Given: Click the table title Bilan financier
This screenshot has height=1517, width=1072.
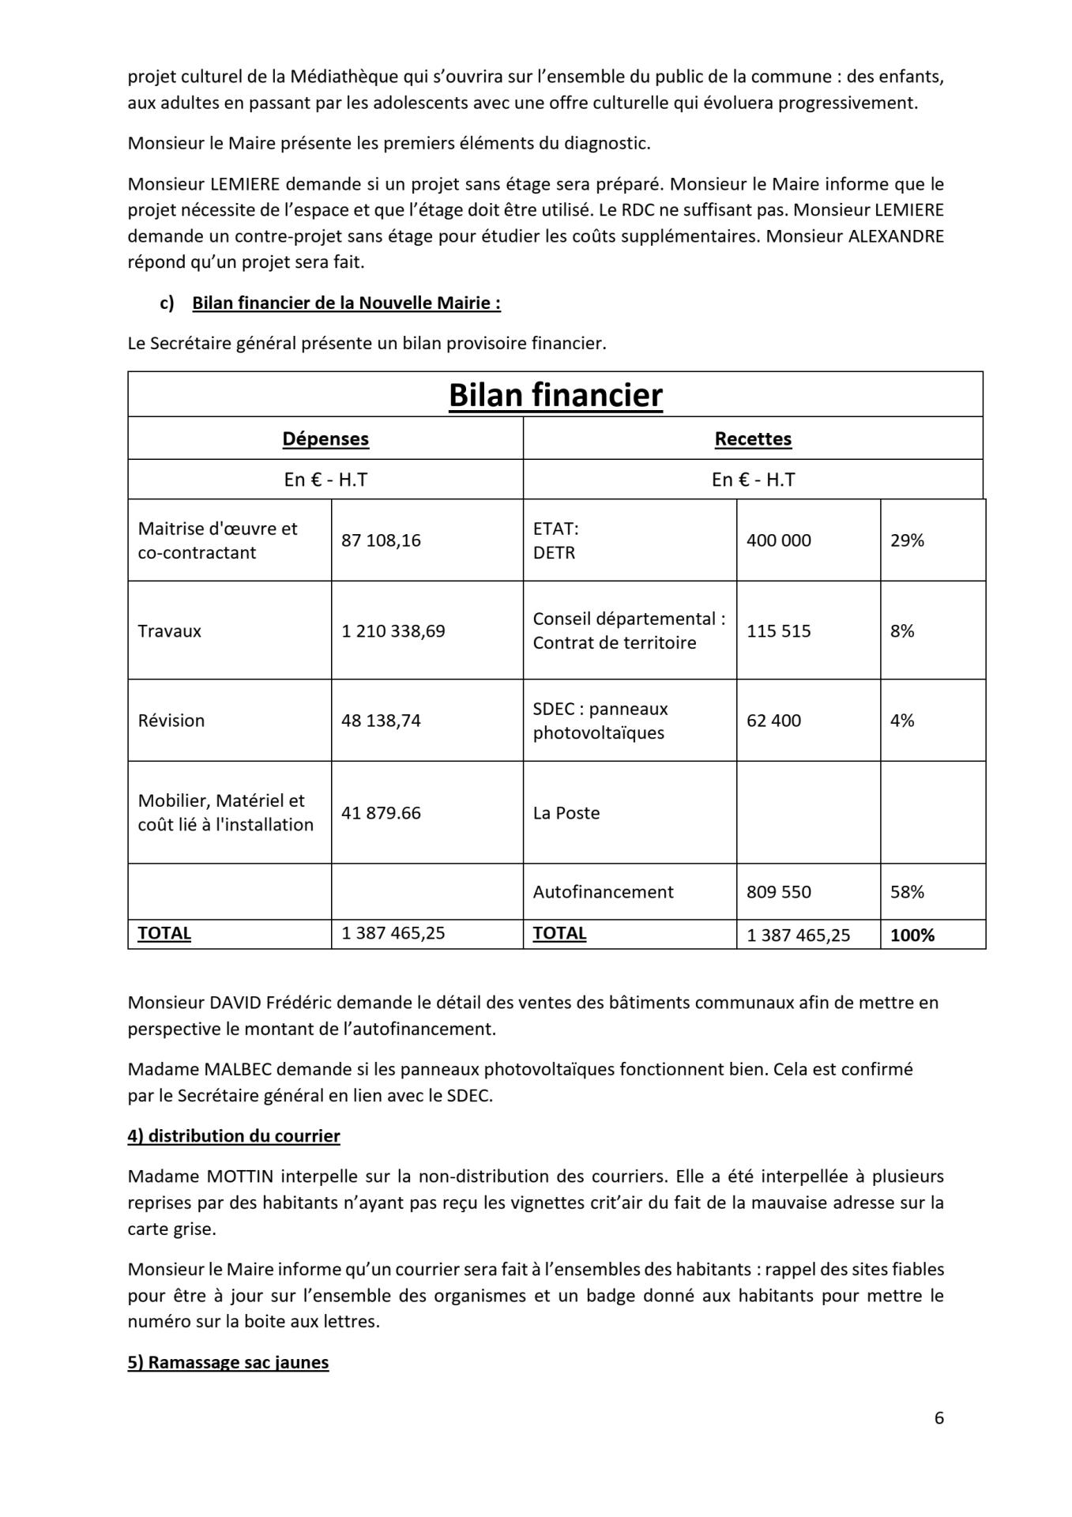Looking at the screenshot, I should coord(555,395).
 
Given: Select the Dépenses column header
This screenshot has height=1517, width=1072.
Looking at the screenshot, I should coord(325,439).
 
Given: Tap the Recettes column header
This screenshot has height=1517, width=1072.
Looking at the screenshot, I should coord(753,439).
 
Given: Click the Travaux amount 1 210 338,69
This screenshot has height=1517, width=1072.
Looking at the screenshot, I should coord(393,631).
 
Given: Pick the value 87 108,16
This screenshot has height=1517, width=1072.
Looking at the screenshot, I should coord(381,540).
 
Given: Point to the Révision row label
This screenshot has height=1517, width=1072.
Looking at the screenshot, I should coord(171,721).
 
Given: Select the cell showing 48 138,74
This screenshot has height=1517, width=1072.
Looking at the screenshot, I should coord(381,721).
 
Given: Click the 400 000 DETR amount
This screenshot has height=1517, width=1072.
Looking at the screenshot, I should coord(778,540).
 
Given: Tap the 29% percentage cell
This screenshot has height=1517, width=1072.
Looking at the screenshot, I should coord(907,540).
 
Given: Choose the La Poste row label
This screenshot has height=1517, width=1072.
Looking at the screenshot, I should coord(566,813).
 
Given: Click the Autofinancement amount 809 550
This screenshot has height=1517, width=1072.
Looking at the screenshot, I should coord(778,892).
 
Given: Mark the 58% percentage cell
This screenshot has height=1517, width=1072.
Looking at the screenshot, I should coord(907,892).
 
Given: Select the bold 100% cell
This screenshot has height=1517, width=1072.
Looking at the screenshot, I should coord(912,935).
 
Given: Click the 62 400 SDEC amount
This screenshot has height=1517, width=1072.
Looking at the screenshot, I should coord(773,721).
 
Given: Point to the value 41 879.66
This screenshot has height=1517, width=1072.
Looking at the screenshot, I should coord(381,813).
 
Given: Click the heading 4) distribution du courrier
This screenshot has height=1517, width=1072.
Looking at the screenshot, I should coord(234,1136).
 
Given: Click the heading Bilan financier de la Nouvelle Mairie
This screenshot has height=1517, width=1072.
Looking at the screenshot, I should coord(346,303).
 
